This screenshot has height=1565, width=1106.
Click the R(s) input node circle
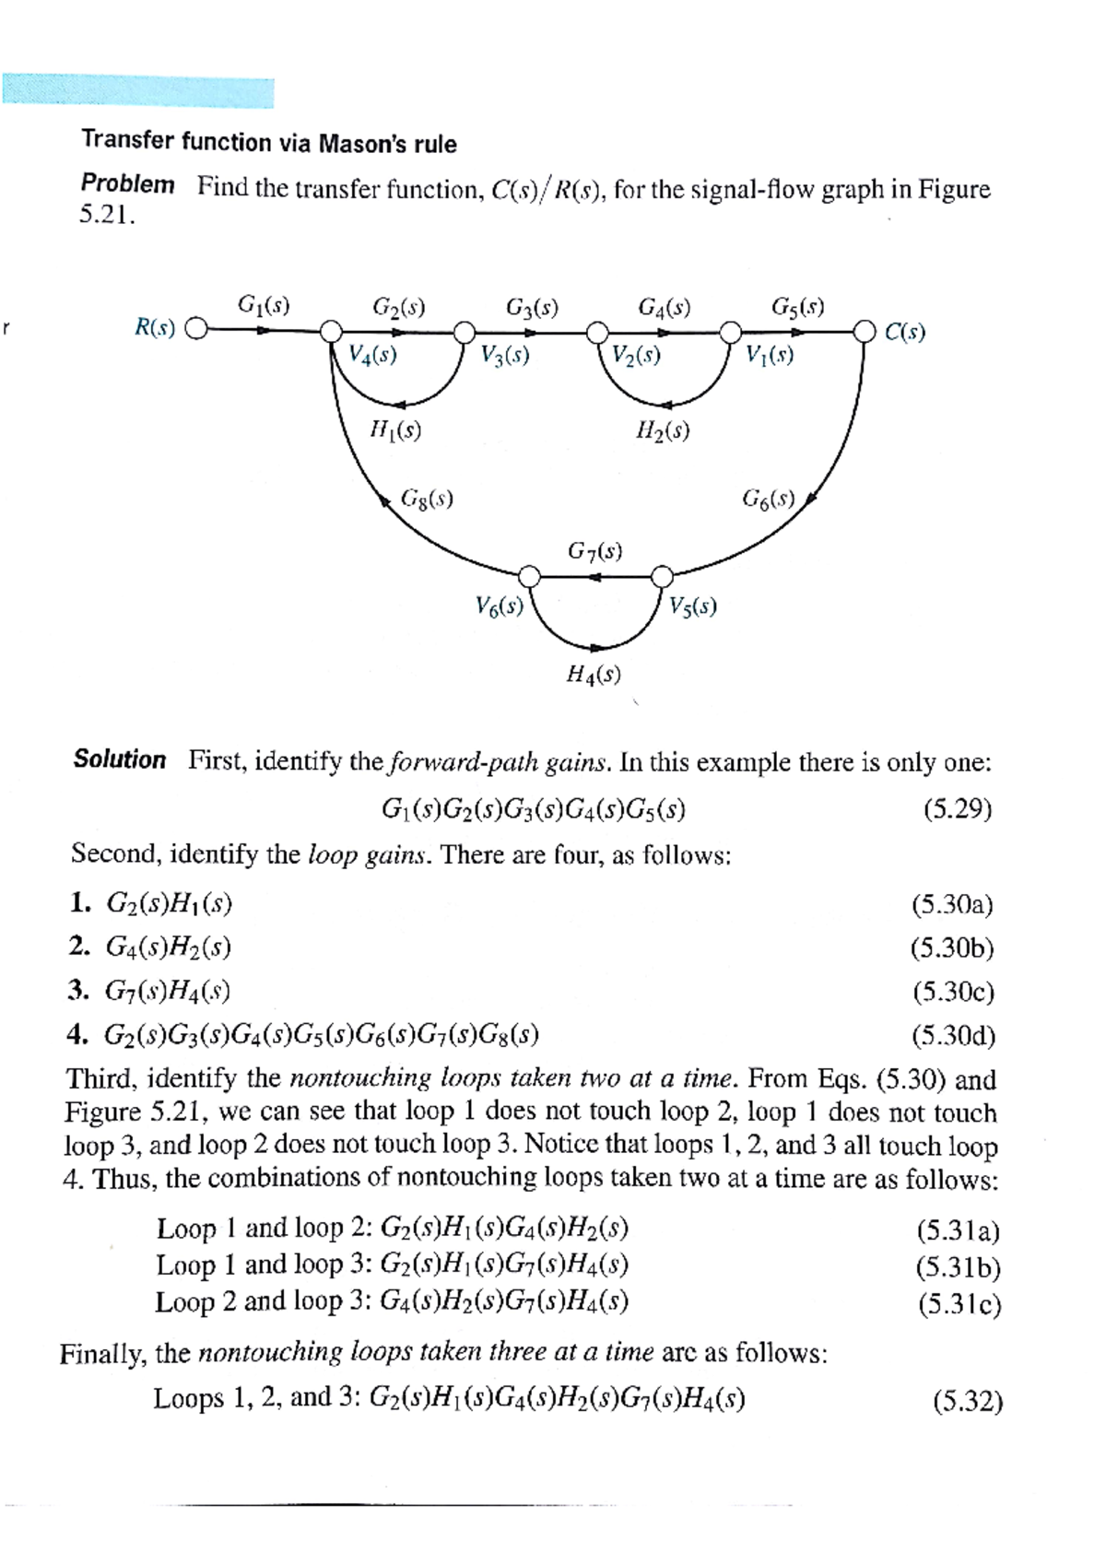point(196,329)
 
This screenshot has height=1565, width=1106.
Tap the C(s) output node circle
point(864,330)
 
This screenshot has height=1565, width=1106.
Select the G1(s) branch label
point(264,304)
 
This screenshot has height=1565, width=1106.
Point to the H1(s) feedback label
point(395,429)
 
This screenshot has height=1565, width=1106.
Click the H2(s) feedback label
point(663,430)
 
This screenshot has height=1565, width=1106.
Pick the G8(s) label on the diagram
point(427,499)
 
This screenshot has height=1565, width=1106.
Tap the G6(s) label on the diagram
point(768,500)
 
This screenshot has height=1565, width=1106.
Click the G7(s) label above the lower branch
point(594,551)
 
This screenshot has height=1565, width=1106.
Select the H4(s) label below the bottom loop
point(594,675)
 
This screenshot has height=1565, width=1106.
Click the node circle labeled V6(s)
point(529,577)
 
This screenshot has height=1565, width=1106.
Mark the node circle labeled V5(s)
point(662,577)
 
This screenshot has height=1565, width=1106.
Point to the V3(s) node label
point(505,355)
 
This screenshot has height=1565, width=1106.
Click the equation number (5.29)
point(958,809)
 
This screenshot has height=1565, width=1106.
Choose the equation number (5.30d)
point(954,1036)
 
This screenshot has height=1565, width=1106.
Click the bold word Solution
point(120,759)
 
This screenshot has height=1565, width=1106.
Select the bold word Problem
point(127,183)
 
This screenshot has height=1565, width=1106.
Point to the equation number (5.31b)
point(959,1268)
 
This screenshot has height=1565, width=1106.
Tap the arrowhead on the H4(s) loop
point(597,648)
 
